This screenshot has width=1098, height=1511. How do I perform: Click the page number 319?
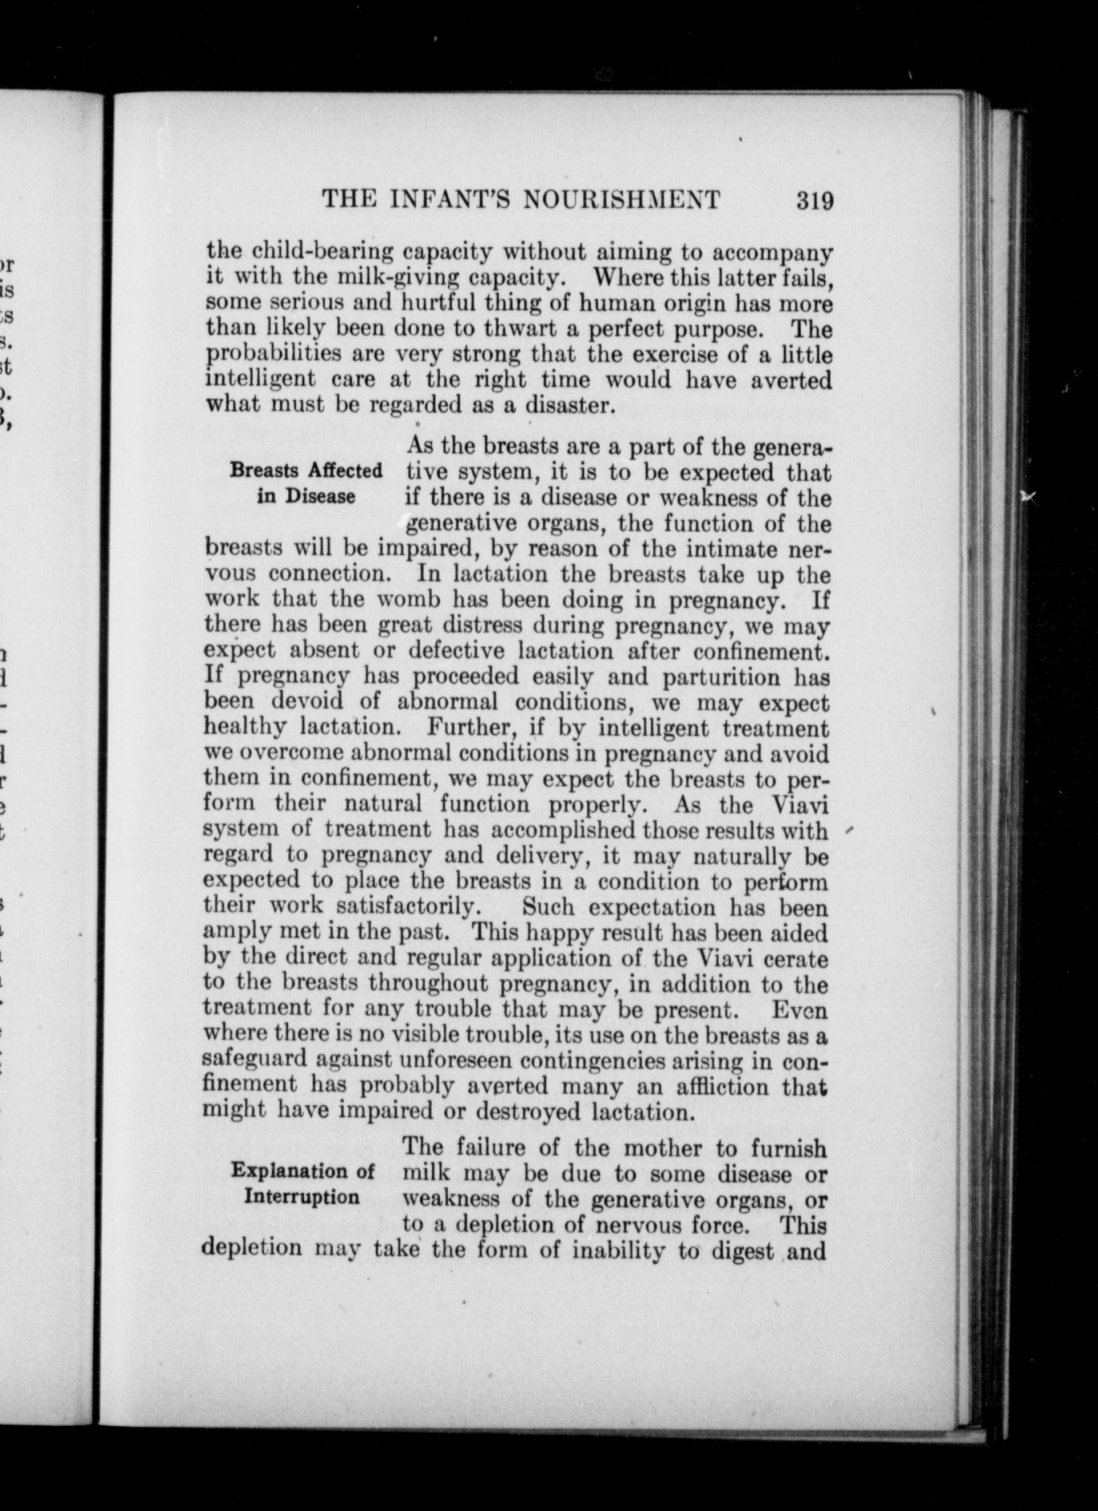point(814,200)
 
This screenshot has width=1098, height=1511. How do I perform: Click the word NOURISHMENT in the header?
point(620,200)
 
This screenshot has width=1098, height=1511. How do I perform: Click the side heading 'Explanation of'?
point(303,1170)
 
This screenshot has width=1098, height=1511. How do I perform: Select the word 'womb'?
point(409,599)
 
